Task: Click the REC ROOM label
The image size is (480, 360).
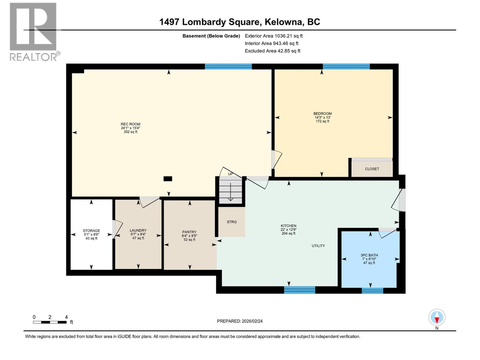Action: click(130, 124)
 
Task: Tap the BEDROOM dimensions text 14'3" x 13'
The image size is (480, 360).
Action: click(322, 117)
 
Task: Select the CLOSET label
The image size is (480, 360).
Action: click(372, 169)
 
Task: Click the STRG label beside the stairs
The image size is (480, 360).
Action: click(232, 222)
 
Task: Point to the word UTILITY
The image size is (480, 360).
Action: click(318, 246)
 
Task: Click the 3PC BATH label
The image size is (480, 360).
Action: click(369, 255)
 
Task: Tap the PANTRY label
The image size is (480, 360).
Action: click(189, 232)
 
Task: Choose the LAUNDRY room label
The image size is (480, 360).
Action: click(138, 230)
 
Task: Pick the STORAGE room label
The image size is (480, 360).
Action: click(91, 231)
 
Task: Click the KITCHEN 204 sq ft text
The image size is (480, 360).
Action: click(289, 233)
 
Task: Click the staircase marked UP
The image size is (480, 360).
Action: click(230, 190)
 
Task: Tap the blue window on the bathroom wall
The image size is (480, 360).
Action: click(372, 290)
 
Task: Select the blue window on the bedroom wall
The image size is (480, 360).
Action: click(346, 67)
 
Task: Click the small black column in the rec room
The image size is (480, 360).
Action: click(168, 179)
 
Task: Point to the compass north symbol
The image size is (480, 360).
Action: click(437, 318)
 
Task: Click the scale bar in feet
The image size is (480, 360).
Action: click(50, 322)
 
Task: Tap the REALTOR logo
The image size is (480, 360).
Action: click(33, 31)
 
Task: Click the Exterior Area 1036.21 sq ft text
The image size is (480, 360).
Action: click(274, 36)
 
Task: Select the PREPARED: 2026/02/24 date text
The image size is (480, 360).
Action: click(240, 321)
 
